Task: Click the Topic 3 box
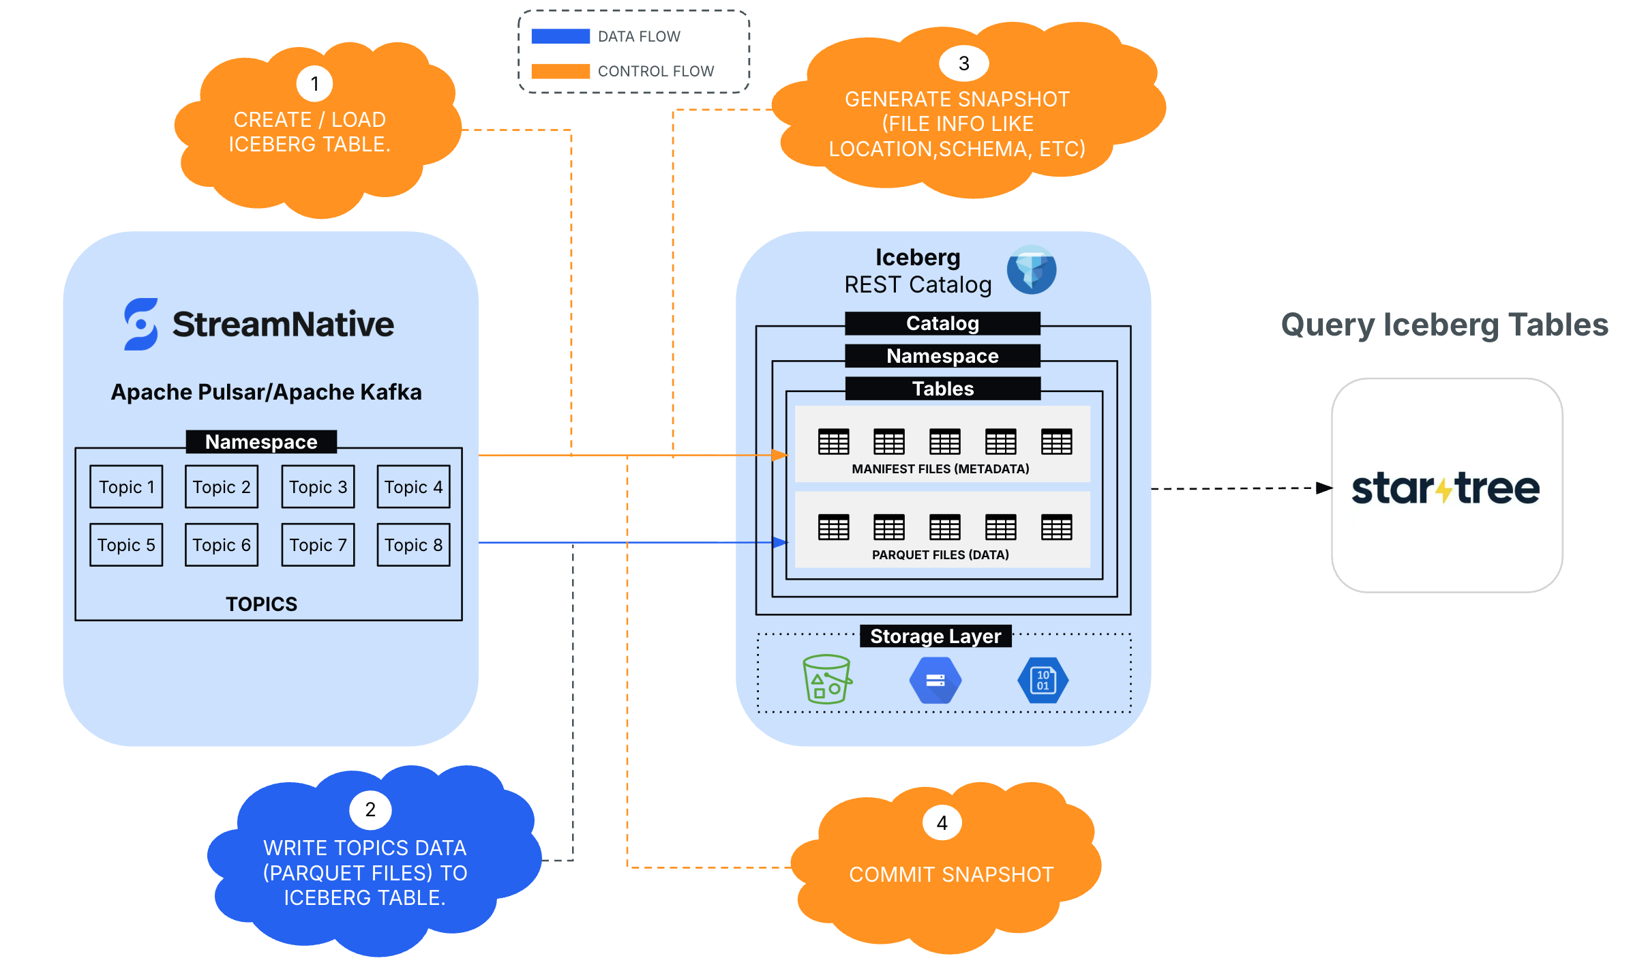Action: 318,487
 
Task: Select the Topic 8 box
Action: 413,545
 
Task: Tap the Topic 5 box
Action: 126,545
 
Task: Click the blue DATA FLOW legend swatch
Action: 560,36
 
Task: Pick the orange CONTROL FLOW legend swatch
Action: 560,71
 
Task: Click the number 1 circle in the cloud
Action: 314,84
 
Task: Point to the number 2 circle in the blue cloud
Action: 370,809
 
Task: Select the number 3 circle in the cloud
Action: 963,63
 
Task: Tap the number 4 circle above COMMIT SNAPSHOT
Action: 942,823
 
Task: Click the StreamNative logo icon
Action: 141,324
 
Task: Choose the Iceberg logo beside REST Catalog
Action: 1032,270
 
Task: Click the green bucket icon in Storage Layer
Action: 826,679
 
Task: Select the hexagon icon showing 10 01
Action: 1043,680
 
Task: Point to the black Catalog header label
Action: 942,323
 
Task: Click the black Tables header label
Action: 942,389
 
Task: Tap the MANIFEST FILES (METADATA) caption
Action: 940,469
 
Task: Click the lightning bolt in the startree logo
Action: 1444,489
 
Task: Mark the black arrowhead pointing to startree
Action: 1324,488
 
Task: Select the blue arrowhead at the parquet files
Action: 780,543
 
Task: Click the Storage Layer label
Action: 935,636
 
